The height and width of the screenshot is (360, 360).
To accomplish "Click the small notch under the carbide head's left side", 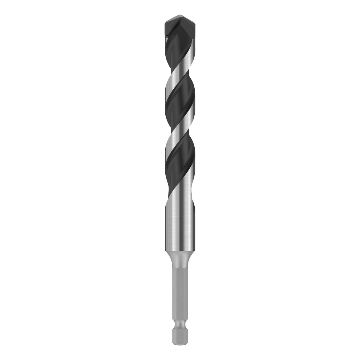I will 166,35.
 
